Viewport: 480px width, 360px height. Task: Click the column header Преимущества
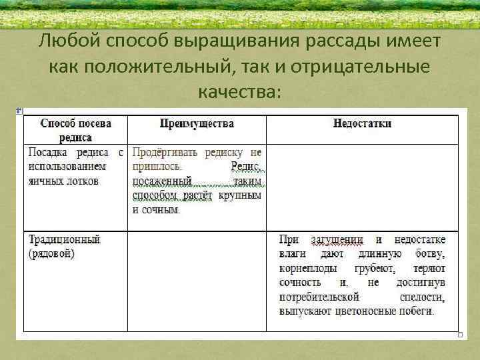pyautogui.click(x=197, y=123)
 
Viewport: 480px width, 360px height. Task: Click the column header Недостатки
pyautogui.click(x=362, y=123)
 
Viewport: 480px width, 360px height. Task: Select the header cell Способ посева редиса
pyautogui.click(x=75, y=129)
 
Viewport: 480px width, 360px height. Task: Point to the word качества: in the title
pyautogui.click(x=239, y=91)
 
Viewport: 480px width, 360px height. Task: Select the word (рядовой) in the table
pyautogui.click(x=51, y=253)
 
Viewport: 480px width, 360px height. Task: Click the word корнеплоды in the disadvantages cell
pyautogui.click(x=309, y=268)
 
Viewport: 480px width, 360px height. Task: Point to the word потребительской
pyautogui.click(x=320, y=297)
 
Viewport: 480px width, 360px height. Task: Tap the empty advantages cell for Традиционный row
pyautogui.click(x=197, y=280)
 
